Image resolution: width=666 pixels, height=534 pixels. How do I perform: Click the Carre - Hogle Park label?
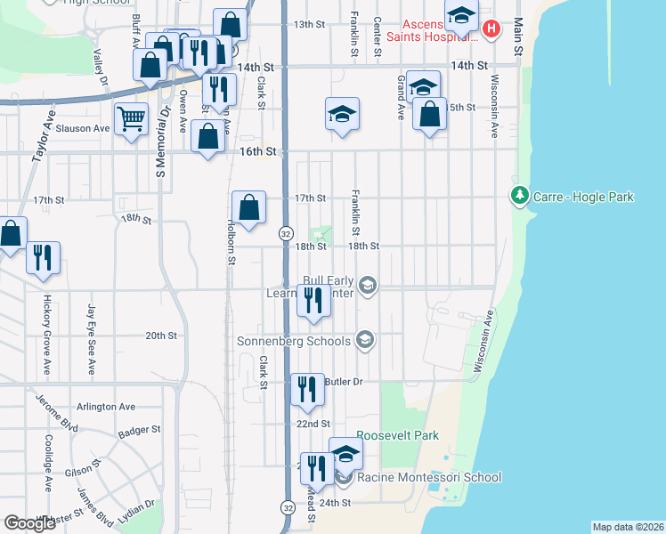pos(583,196)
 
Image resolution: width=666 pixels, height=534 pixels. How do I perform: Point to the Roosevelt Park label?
pos(398,436)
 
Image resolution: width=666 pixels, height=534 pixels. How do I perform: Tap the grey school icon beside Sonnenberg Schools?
pos(364,339)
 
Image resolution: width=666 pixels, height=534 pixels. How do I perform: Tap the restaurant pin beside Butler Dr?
pos(307,389)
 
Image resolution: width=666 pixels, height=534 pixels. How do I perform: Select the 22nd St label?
pos(313,424)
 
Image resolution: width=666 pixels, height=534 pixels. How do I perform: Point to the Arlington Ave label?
pos(106,407)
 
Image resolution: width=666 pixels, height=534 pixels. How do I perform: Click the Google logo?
pos(30,523)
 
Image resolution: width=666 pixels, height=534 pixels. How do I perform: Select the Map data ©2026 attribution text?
pos(627,527)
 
